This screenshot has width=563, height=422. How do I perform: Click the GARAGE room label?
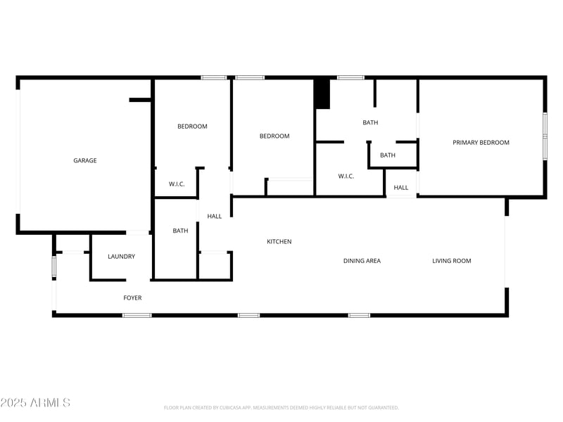[85, 160]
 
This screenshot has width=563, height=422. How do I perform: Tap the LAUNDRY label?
[121, 257]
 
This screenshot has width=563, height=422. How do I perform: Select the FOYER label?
[132, 298]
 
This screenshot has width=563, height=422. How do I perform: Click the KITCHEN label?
[279, 242]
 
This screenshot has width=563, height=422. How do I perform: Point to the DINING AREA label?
[362, 261]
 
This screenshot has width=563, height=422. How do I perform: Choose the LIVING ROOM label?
[451, 261]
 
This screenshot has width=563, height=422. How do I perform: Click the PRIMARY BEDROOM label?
[481, 143]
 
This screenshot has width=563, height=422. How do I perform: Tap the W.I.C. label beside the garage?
[177, 184]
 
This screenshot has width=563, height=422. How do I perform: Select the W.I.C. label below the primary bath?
[346, 176]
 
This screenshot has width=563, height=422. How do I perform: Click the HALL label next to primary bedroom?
[401, 188]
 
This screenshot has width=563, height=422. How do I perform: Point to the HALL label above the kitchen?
[215, 217]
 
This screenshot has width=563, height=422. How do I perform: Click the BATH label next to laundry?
[180, 231]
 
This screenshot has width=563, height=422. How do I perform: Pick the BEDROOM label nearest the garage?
[192, 127]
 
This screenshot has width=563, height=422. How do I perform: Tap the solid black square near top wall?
[322, 94]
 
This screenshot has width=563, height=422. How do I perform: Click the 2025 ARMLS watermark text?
[35, 403]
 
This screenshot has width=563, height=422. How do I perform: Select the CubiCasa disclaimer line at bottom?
[281, 407]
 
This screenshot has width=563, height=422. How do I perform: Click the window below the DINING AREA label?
[359, 315]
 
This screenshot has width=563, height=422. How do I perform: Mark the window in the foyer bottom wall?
[137, 315]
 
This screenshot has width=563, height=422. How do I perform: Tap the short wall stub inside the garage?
[140, 100]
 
